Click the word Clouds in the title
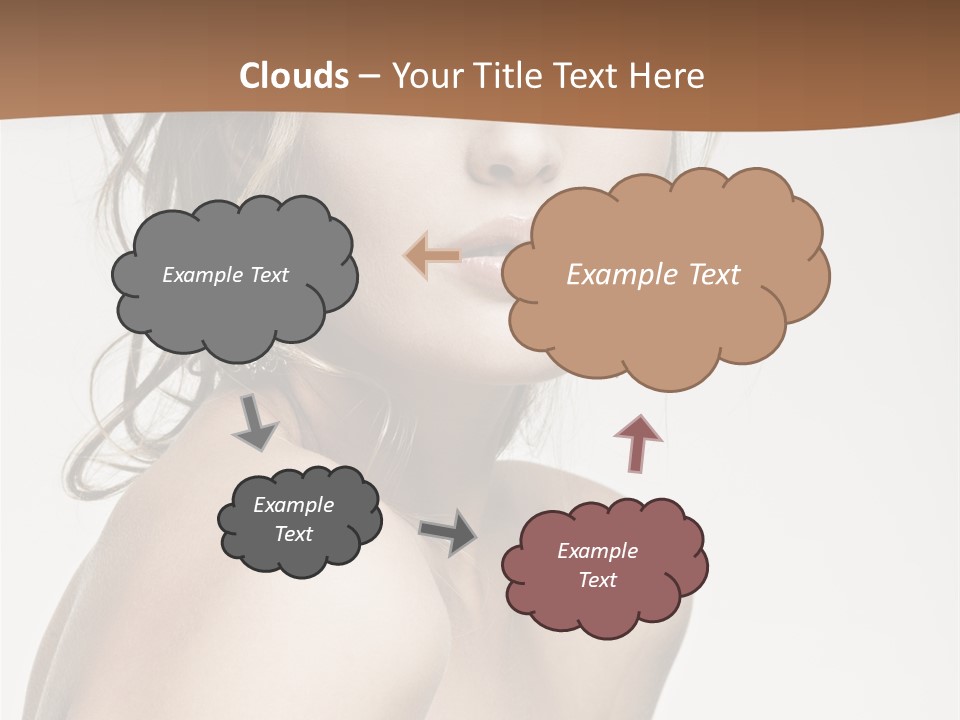click(294, 76)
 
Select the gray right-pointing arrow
click(447, 532)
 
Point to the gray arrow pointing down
click(256, 422)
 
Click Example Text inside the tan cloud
click(653, 275)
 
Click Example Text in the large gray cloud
click(225, 275)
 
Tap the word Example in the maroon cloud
click(597, 551)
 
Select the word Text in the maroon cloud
click(597, 580)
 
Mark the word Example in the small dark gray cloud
click(293, 505)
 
